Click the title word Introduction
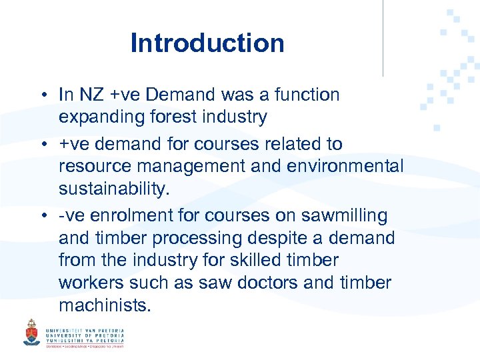click(207, 43)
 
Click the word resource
click(91, 166)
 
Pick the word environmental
click(345, 166)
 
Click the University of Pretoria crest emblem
click(31, 332)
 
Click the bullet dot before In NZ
click(41, 95)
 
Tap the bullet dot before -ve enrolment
click(41, 217)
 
